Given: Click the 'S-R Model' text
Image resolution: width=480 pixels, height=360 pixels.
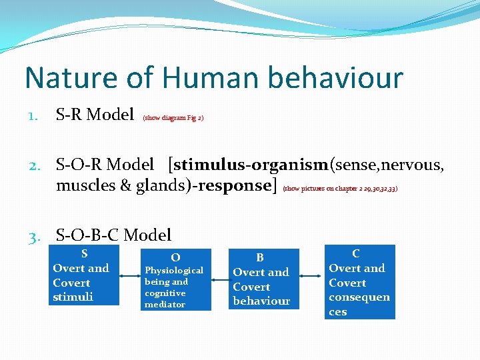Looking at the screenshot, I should (95, 115).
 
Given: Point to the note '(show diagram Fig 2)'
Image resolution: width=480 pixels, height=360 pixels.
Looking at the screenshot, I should (173, 118).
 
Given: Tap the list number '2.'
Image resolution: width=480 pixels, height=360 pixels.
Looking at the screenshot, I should (35, 165).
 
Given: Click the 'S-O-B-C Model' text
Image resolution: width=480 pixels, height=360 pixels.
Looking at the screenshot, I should (113, 235).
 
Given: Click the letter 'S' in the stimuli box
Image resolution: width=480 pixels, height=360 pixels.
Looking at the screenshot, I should (84, 253).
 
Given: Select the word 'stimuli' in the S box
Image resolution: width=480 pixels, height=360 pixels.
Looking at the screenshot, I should (73, 297).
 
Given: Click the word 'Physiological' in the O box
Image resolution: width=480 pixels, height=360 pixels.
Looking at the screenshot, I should (174, 270).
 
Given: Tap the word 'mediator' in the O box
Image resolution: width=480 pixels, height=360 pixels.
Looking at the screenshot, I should (165, 305).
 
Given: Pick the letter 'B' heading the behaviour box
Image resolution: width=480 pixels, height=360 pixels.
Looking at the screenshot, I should (260, 257).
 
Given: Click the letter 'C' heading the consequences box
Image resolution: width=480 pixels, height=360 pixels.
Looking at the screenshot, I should (356, 253).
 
